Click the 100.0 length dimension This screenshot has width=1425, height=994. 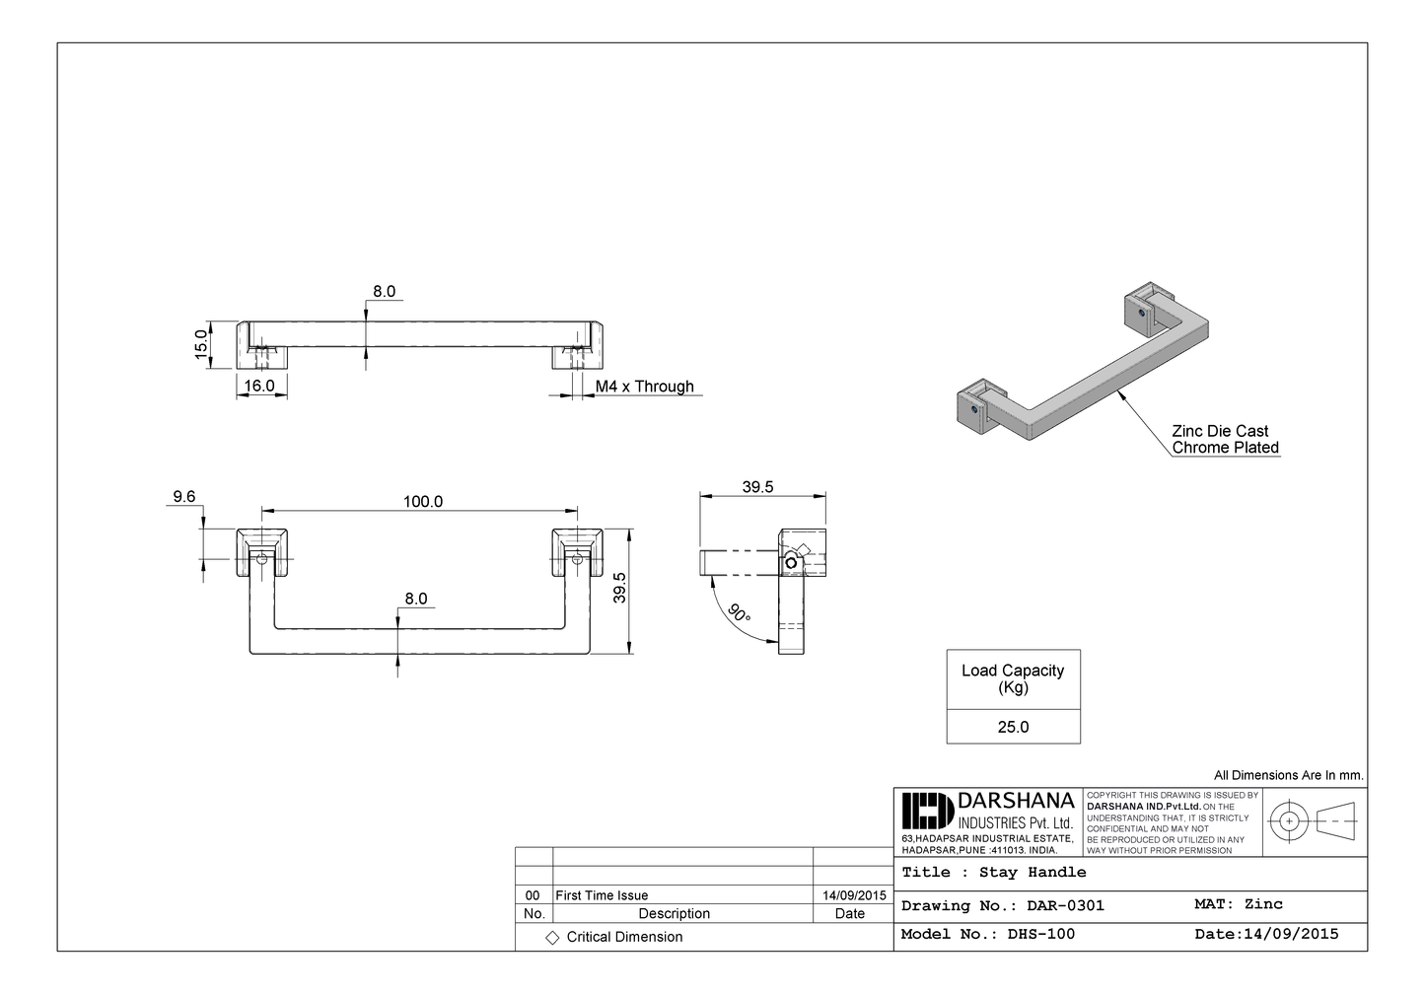422,502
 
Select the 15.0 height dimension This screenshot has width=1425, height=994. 201,344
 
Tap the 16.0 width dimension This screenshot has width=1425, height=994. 259,386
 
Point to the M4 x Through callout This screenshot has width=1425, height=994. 644,387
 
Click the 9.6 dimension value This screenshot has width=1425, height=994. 184,497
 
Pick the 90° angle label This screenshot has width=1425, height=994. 739,612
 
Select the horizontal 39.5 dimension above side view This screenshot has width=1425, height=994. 757,487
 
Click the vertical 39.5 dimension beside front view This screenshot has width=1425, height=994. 620,589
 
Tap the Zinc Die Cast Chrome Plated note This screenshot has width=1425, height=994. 1225,439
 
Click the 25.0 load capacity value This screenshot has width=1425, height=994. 1013,727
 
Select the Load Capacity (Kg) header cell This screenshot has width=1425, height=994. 1013,678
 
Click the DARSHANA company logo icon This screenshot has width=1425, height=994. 927,812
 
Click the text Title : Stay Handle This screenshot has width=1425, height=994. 993,873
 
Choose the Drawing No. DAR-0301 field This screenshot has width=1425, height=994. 1002,905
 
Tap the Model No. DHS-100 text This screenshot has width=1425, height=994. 987,934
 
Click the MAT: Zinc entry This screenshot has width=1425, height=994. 1238,904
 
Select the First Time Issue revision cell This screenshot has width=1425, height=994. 602,895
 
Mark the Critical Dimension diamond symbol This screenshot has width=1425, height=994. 552,937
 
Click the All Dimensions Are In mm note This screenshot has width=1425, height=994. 1288,776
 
